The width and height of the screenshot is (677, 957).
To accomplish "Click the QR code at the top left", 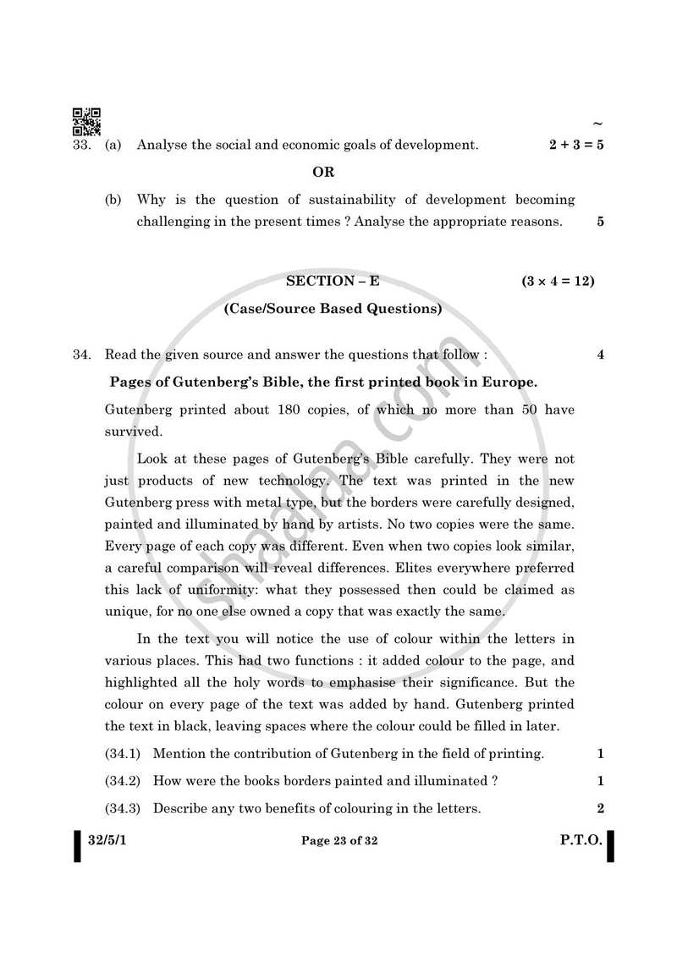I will click(85, 122).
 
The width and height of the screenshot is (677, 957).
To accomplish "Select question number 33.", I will click(81, 145).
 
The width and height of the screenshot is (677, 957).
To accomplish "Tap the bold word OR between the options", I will click(323, 173).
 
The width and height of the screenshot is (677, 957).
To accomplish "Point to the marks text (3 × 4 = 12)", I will click(558, 281).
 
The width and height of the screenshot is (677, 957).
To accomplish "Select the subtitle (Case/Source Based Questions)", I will click(333, 309).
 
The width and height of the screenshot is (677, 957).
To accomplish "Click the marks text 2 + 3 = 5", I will click(575, 145).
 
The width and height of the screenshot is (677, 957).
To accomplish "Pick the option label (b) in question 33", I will click(113, 200).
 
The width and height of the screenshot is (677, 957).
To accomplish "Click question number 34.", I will click(81, 355).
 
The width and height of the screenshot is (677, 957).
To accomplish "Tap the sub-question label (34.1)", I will click(123, 753).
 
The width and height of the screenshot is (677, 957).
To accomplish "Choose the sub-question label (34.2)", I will click(123, 781).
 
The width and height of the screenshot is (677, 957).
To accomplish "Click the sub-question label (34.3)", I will click(123, 808).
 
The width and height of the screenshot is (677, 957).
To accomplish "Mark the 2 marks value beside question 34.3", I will click(600, 808).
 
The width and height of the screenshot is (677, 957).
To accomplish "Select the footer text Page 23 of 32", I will click(338, 840).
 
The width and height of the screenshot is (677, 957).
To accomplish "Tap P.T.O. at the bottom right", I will click(581, 840).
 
